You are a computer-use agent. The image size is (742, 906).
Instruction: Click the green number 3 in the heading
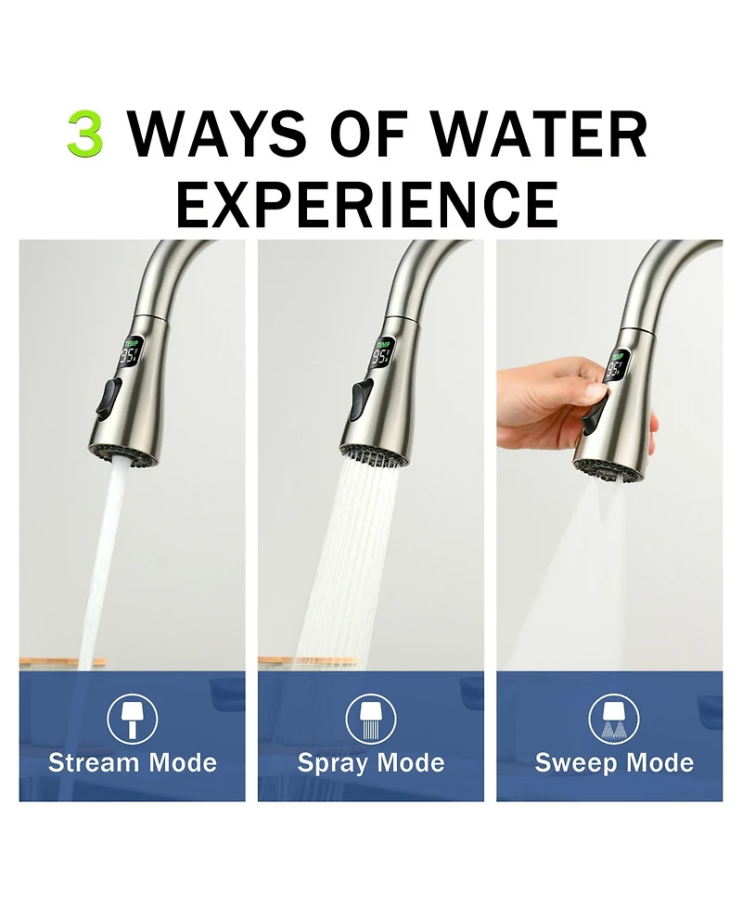click(85, 134)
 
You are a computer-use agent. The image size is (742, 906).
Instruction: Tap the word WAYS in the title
click(219, 134)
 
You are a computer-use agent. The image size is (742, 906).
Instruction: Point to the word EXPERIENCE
click(367, 204)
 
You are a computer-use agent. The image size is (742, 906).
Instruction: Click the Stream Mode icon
click(133, 719)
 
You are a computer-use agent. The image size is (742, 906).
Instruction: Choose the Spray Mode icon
click(371, 719)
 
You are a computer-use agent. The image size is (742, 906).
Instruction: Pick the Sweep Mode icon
click(614, 719)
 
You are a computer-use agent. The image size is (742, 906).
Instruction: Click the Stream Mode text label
click(133, 763)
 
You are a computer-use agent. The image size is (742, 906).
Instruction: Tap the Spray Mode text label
click(371, 763)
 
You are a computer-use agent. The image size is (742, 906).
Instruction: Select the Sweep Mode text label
click(614, 763)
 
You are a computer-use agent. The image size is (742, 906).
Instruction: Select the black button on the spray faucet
click(356, 401)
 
